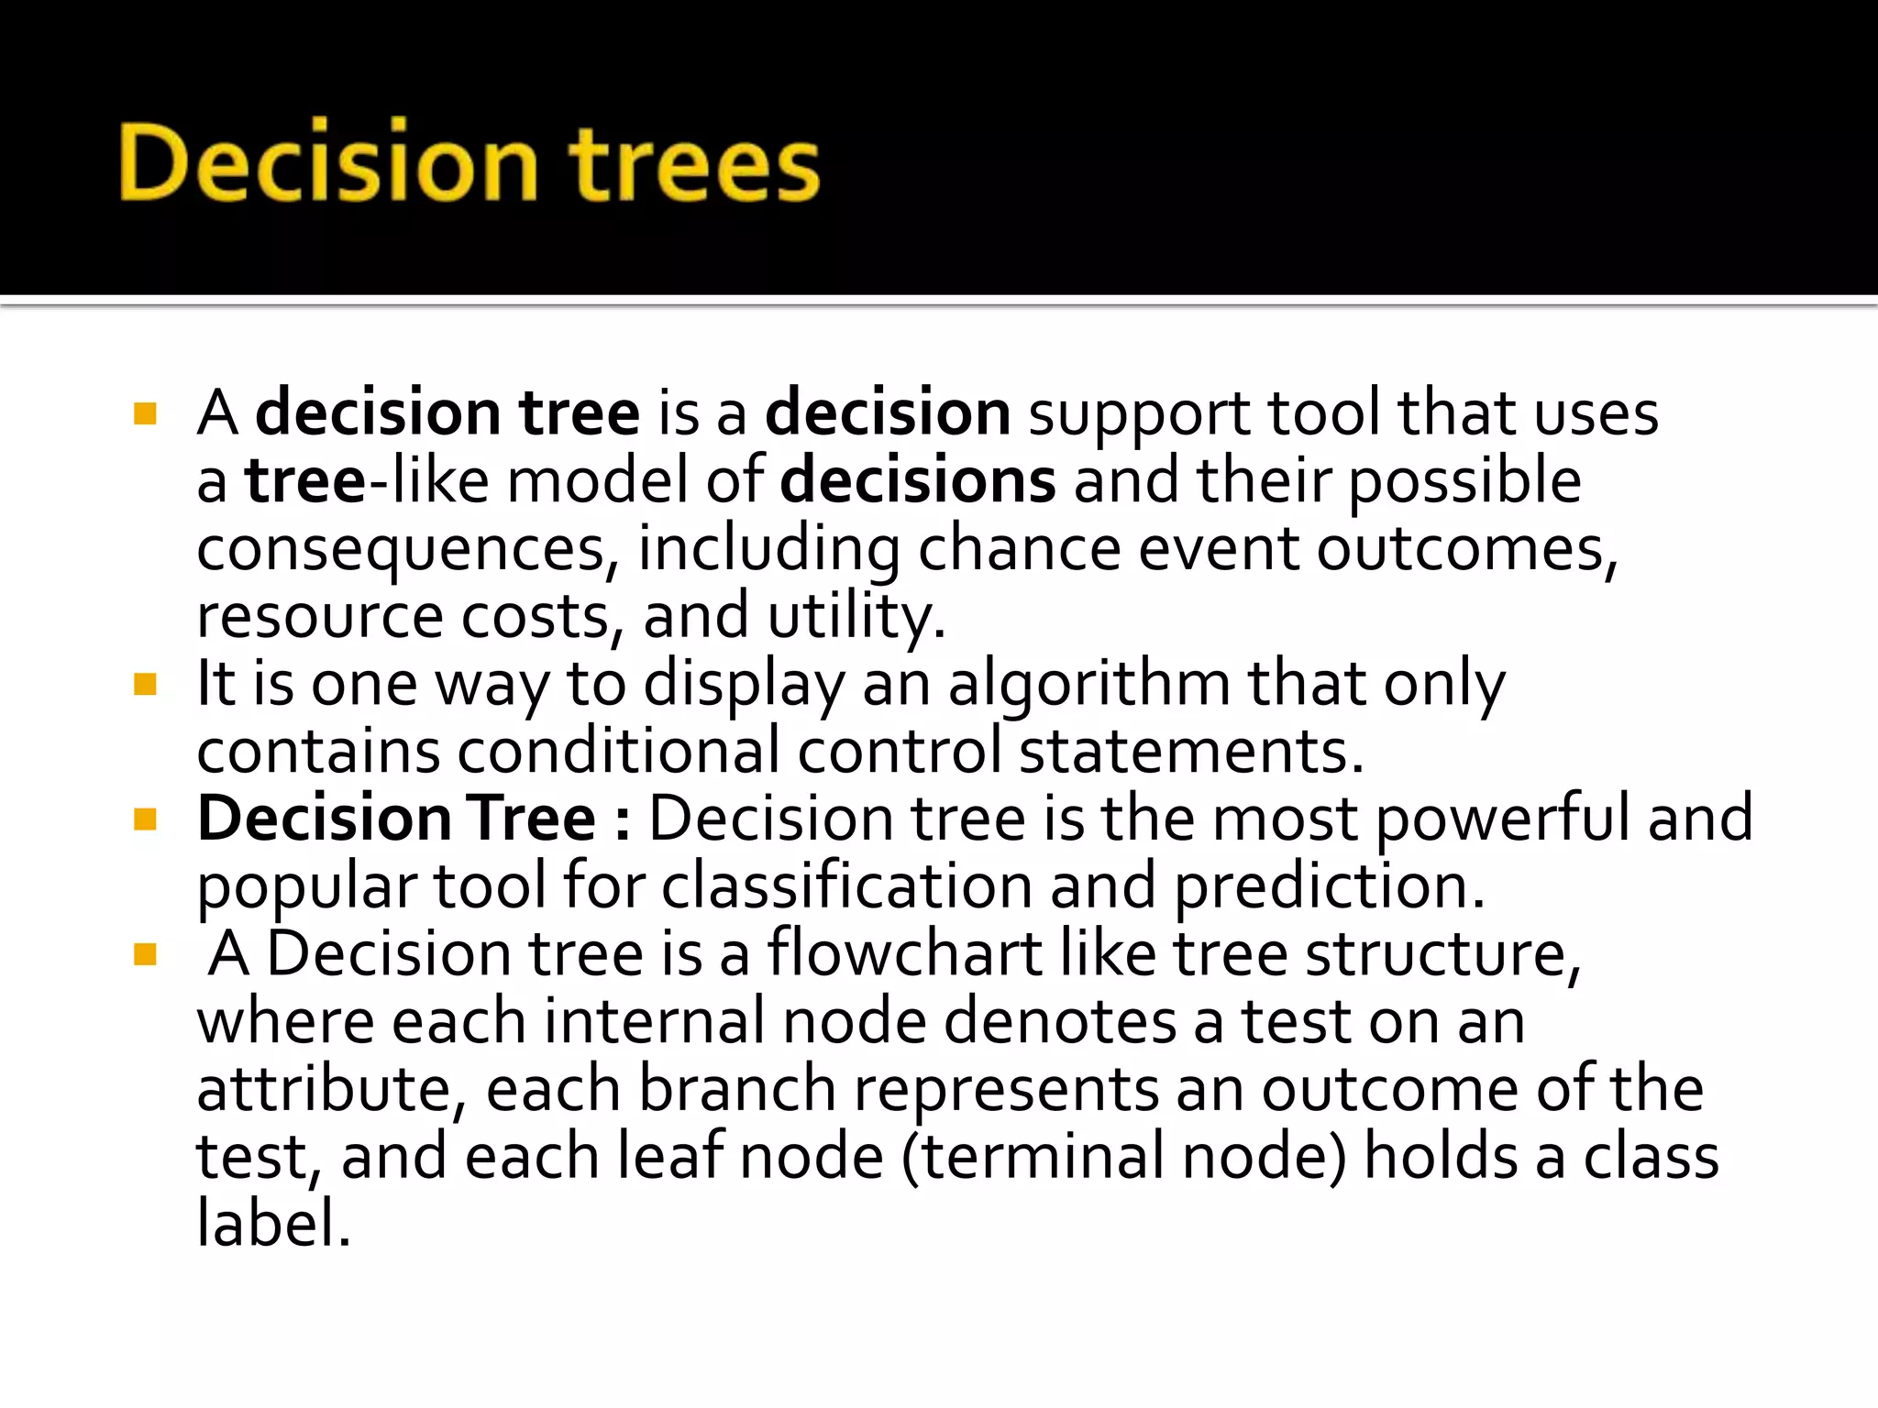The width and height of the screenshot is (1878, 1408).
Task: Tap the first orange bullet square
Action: (x=146, y=413)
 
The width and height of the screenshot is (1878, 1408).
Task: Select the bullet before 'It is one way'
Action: (x=146, y=684)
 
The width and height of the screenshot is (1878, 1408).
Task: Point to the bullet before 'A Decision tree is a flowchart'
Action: (x=146, y=954)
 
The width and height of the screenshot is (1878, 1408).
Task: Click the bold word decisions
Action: (x=917, y=481)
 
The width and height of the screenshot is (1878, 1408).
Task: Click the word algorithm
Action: (x=1088, y=684)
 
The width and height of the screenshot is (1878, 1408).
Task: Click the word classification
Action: (x=845, y=886)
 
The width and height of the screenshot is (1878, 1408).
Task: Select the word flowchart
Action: (x=904, y=954)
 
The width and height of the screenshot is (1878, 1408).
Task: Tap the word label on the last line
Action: (x=272, y=1224)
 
